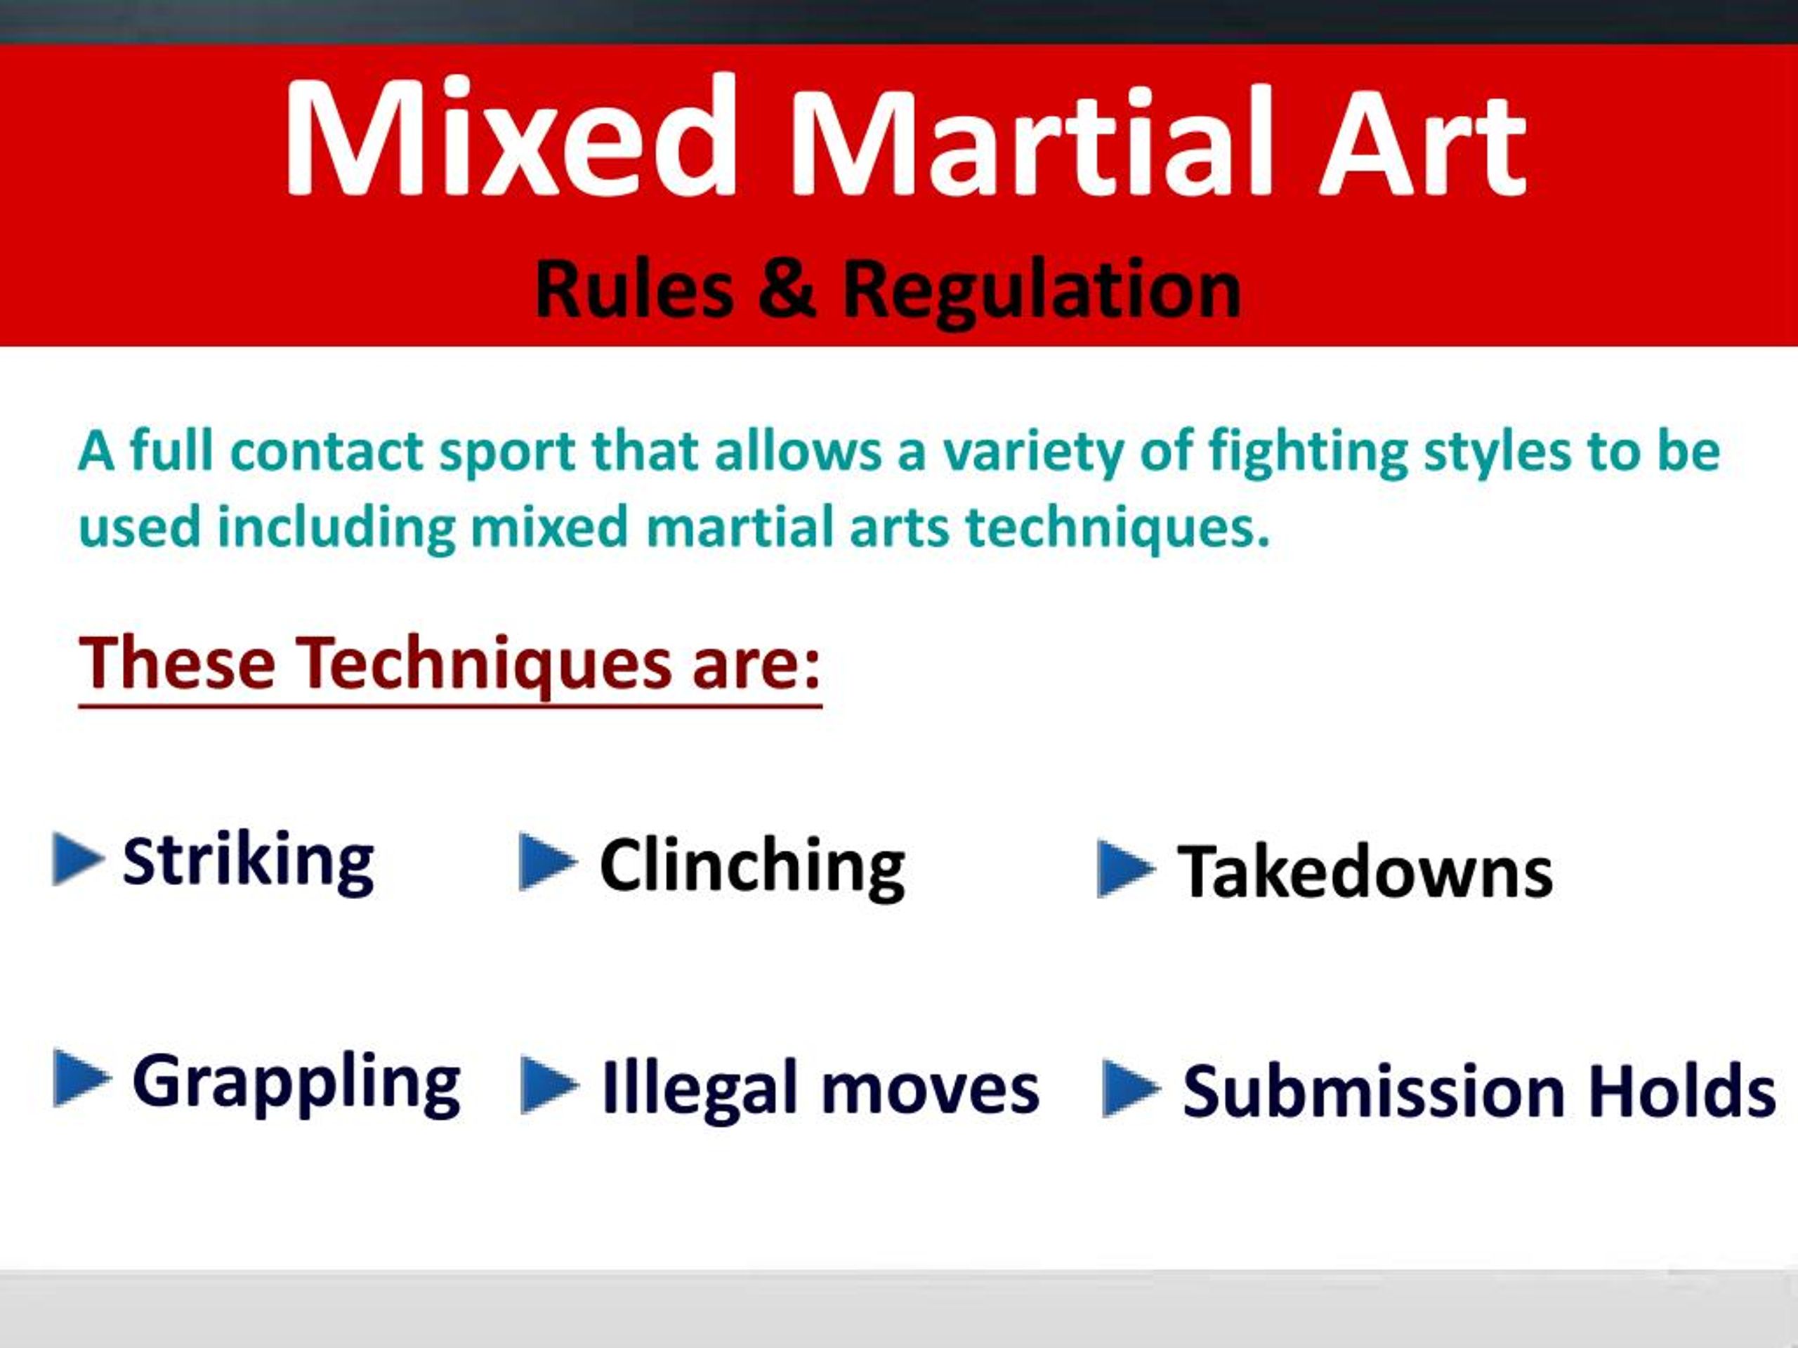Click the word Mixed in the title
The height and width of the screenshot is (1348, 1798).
point(510,136)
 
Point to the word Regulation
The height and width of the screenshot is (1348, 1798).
point(1042,293)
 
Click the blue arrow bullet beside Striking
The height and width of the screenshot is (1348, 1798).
point(78,858)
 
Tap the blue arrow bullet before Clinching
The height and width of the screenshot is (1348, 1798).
point(548,861)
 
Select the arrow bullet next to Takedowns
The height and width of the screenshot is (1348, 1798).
point(1126,868)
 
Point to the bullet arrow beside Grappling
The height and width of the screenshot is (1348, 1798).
point(81,1078)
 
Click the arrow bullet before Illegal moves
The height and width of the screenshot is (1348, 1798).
point(549,1085)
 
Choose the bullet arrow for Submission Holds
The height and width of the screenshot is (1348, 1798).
point(1131,1088)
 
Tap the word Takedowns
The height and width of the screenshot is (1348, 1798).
point(1365,872)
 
